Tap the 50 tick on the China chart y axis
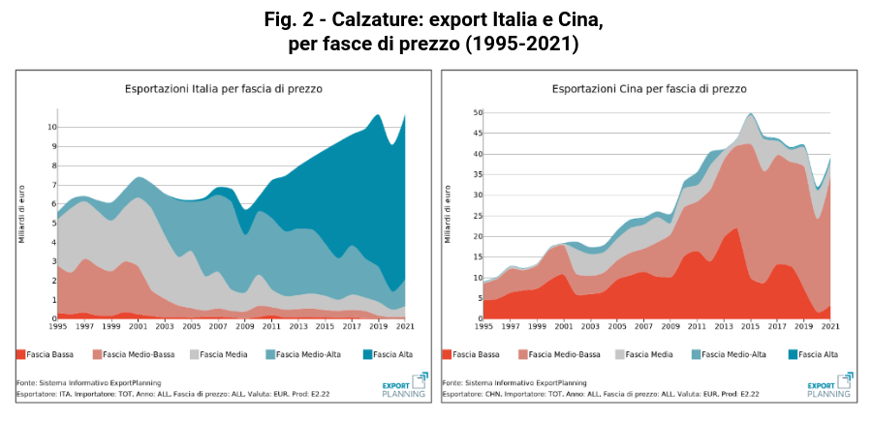coord(476,113)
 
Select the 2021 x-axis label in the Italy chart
coord(406,327)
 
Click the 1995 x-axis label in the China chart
coord(483,327)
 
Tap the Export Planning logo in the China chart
coord(831,384)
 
